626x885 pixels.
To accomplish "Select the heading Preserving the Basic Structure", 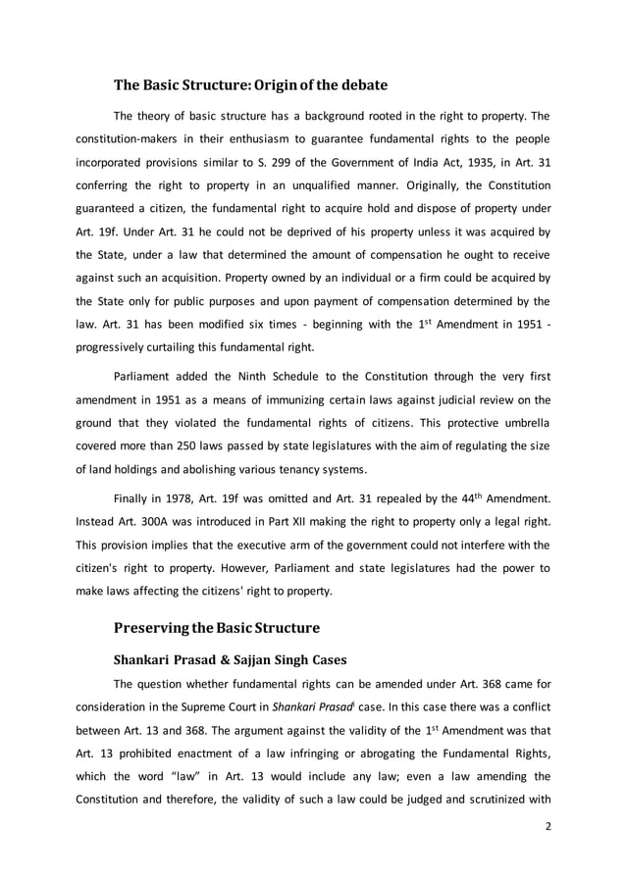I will point(217,625).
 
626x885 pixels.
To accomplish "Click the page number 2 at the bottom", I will point(550,826).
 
